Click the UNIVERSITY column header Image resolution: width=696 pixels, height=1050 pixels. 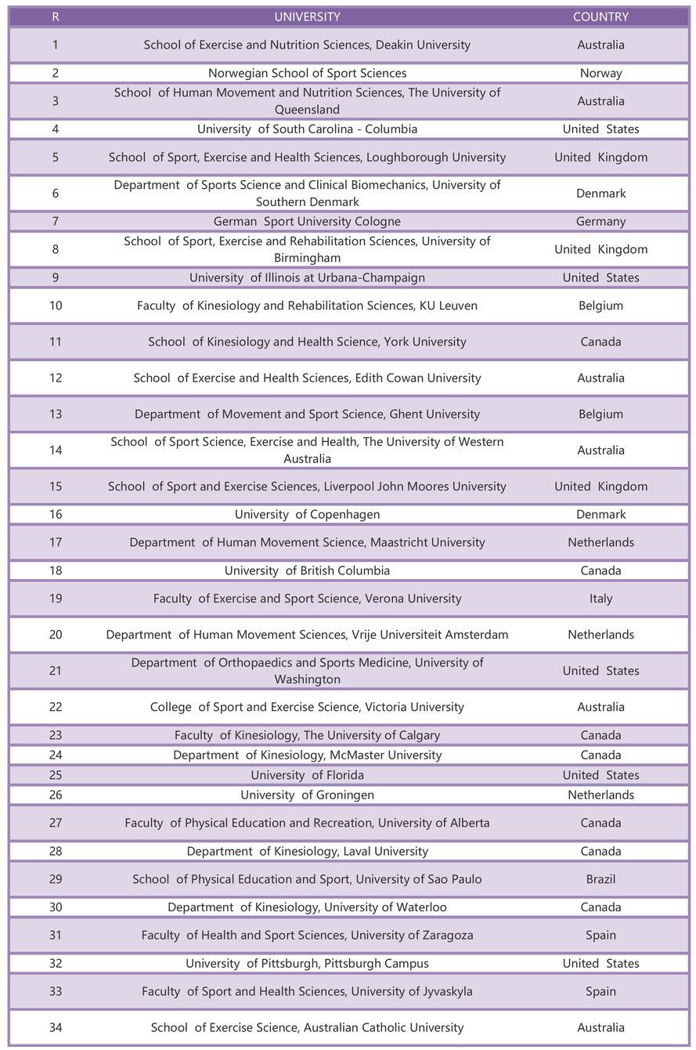click(307, 16)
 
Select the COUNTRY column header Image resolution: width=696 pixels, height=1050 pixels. click(600, 16)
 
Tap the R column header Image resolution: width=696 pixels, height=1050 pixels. click(55, 16)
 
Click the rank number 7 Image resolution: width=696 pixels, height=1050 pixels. click(55, 221)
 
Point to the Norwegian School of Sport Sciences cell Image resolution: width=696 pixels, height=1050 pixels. click(307, 73)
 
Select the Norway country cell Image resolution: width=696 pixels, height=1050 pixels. click(600, 73)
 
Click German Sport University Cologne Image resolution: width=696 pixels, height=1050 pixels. click(307, 221)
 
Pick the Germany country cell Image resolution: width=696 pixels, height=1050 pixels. click(600, 221)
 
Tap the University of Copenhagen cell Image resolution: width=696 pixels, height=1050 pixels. click(307, 514)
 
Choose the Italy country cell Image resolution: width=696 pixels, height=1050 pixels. click(600, 599)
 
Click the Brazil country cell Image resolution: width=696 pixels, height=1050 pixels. click(600, 879)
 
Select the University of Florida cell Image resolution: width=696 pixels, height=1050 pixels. click(307, 775)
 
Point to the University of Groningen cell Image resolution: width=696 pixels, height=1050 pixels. click(307, 795)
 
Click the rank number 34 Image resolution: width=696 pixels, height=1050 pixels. click(55, 1027)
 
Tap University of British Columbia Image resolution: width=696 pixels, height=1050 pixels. click(307, 570)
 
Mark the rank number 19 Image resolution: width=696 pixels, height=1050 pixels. click(55, 599)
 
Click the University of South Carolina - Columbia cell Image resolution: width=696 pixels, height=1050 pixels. click(307, 129)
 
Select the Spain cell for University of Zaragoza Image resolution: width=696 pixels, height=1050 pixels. click(600, 935)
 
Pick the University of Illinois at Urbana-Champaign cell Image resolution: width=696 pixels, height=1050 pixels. click(307, 277)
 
